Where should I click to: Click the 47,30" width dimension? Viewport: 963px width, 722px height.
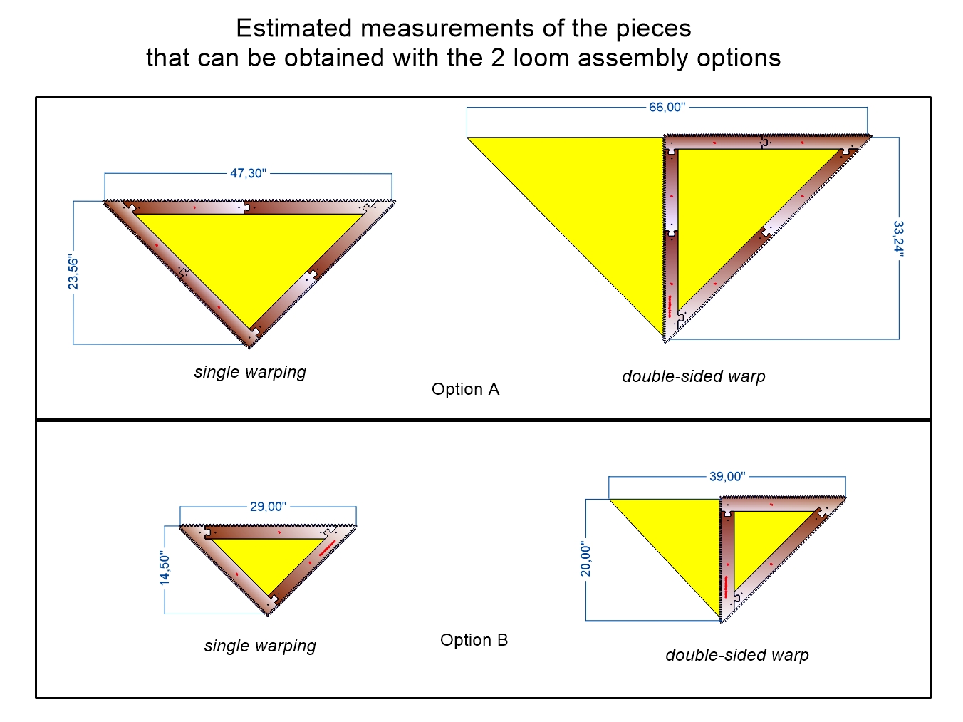(x=248, y=173)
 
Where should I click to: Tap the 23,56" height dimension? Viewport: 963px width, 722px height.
(x=73, y=272)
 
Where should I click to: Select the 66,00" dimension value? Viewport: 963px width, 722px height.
(x=667, y=108)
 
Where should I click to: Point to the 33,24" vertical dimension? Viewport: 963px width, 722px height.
(x=898, y=238)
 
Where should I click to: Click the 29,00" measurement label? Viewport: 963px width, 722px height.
(x=268, y=507)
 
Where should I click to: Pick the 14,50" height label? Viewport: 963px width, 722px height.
(x=165, y=568)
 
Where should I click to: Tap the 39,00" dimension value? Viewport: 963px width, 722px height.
(x=727, y=476)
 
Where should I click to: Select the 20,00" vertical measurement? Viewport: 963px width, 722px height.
(x=585, y=559)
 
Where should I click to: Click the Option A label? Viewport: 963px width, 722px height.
(x=465, y=389)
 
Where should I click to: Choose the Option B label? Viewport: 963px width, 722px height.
(x=474, y=640)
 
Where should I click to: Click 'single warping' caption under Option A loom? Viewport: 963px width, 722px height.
(x=250, y=372)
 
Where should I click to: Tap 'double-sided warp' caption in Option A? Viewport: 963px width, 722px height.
(x=693, y=376)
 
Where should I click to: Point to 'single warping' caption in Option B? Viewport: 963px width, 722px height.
(x=260, y=646)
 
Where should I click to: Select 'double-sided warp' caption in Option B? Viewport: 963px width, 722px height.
(x=736, y=655)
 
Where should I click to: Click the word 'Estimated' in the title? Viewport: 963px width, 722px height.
(x=294, y=29)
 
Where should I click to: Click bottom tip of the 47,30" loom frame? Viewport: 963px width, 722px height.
(x=249, y=346)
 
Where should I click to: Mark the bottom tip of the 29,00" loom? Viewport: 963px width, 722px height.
(x=269, y=613)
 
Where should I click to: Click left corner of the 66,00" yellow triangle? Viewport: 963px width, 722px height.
(x=469, y=138)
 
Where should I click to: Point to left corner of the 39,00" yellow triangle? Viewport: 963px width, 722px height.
(x=610, y=500)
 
